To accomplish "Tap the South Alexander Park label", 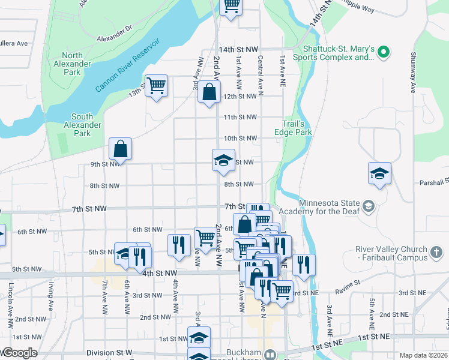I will tap(82, 125).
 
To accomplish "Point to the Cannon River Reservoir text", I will tap(127, 65).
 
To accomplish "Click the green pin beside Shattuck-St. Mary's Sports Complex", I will tap(382, 53).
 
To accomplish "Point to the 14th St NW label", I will tap(238, 49).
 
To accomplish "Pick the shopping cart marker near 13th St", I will tap(156, 86).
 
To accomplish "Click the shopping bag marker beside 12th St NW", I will tap(208, 92).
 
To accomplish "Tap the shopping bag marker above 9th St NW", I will tap(120, 149).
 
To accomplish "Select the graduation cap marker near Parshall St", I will tap(379, 173).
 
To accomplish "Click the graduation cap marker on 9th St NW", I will tap(223, 160).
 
